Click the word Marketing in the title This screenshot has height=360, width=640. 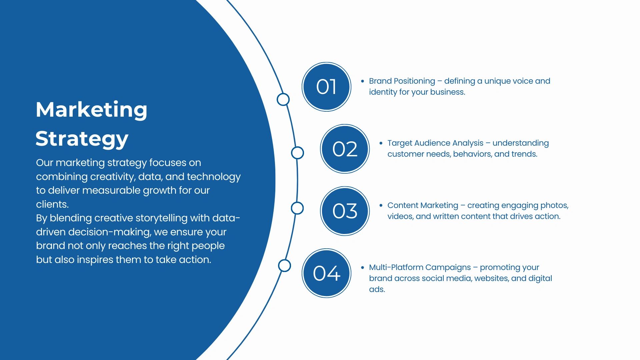(91, 110)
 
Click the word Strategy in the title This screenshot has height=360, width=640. (82, 139)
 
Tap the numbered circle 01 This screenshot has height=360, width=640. (326, 87)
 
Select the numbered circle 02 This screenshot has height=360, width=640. (345, 149)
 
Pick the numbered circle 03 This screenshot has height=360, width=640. (345, 211)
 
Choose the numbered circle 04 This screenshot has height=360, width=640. (326, 273)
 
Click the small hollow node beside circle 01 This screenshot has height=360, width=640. (283, 99)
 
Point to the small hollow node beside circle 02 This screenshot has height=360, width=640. (297, 153)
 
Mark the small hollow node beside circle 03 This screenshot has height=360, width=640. (297, 208)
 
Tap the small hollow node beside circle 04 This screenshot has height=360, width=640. (284, 266)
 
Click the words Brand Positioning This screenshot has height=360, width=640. (402, 81)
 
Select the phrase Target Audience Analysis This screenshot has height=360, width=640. (435, 143)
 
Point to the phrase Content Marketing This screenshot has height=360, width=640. (423, 205)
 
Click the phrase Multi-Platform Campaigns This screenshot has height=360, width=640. (420, 268)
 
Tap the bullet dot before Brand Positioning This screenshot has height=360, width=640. (363, 81)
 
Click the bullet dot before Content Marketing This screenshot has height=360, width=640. (381, 205)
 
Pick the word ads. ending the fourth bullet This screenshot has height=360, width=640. (377, 289)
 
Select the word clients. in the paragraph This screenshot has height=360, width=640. (52, 204)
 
